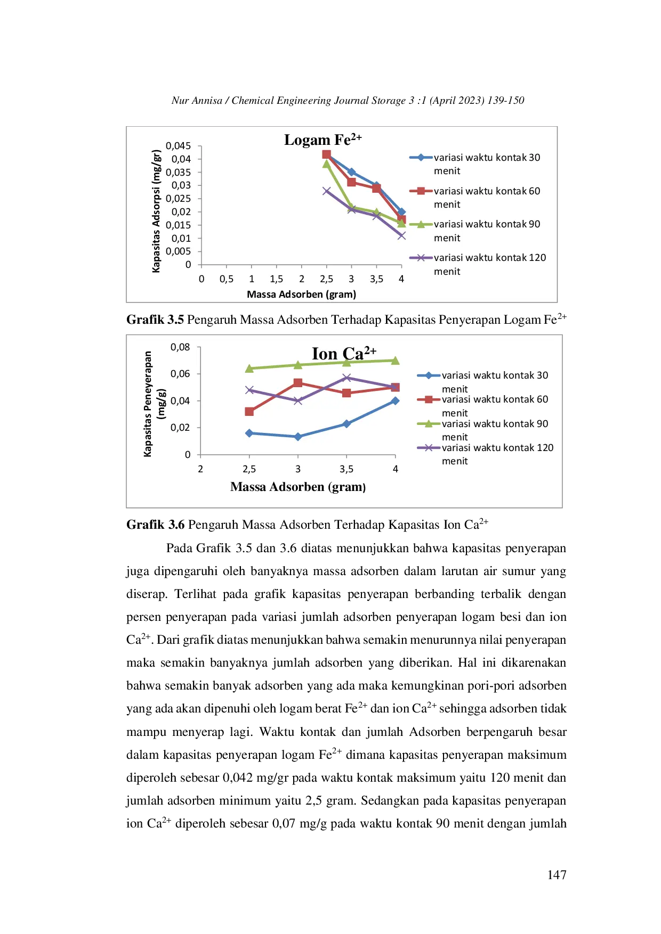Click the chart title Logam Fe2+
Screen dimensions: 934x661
coord(323,140)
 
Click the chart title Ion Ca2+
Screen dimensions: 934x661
coord(343,354)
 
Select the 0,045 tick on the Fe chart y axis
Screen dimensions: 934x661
coord(178,146)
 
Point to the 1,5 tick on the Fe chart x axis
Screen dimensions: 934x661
coord(276,279)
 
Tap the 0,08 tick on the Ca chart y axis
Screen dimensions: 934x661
coord(180,347)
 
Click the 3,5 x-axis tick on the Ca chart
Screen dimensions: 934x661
coord(346,469)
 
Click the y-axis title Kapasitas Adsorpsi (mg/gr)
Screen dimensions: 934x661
coord(156,211)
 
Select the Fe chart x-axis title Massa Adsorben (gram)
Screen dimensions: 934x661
coord(301,294)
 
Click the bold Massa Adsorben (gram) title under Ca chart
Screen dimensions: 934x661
coord(298,487)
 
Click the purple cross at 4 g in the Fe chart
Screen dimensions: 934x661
coord(401,235)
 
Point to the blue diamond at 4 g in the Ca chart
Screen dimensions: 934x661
coord(395,400)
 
